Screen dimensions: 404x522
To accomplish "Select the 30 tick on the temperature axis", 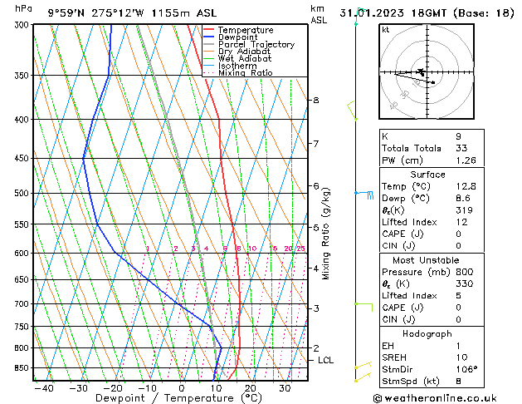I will (x=285, y=387).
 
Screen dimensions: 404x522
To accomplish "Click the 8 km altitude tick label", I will (x=315, y=101).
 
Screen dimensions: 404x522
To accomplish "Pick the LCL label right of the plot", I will (x=325, y=360).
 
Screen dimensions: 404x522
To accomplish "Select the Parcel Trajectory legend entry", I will (x=256, y=45).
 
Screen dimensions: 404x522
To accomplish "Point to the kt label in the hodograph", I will (x=386, y=29).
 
